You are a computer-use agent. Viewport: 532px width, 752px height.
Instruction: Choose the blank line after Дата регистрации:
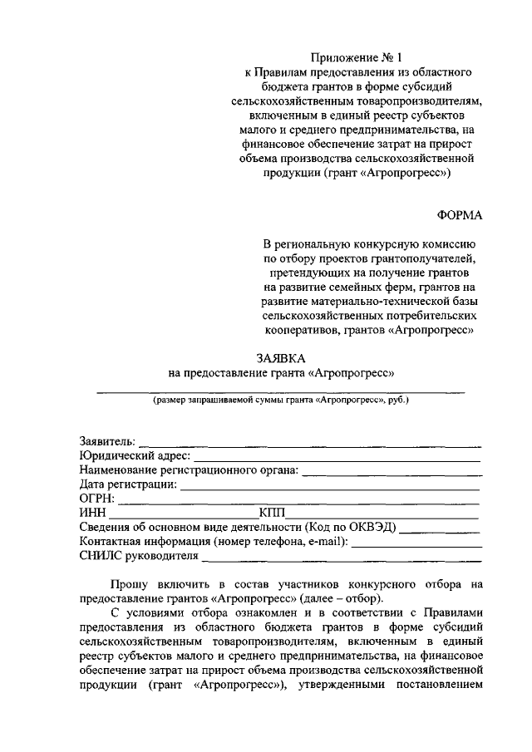coord(330,484)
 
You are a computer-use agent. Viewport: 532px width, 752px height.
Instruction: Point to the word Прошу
coord(129,585)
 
